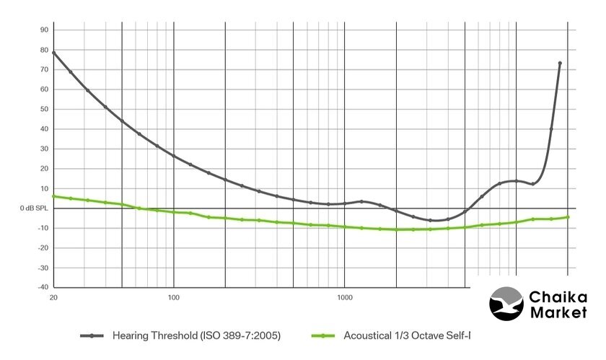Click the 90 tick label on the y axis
tap(43, 30)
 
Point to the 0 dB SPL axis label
tap(34, 208)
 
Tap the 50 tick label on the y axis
tap(43, 109)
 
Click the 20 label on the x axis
tap(53, 298)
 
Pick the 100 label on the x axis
tap(173, 298)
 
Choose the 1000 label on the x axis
tap(344, 298)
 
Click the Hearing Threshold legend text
tap(196, 335)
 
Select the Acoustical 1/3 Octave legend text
tap(407, 335)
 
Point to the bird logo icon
tap(506, 304)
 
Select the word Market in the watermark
tap(558, 313)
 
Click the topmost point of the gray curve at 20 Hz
tap(53, 53)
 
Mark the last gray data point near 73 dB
tap(560, 63)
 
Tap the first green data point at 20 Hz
tap(53, 196)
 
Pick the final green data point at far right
tap(568, 217)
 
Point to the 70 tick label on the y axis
tap(43, 69)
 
